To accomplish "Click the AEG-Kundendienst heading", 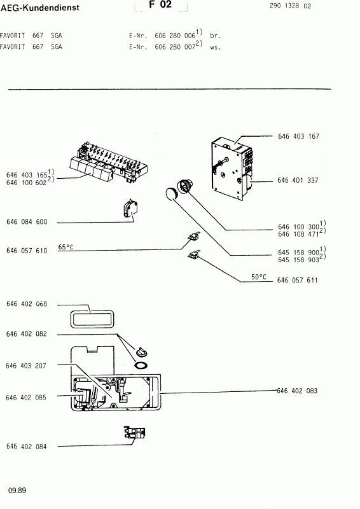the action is pos(40,8).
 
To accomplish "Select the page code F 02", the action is pos(160,5).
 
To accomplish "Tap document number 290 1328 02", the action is pos(290,6).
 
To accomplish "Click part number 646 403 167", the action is pos(298,136).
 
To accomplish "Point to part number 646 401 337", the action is pos(298,180).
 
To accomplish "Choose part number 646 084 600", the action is pos(27,221).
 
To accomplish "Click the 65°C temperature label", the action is pos(66,247).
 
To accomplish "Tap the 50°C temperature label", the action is pos(259,277).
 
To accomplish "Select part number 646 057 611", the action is pos(297,280).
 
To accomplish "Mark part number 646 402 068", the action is pos(27,304).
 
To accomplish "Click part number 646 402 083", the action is pos(297,391).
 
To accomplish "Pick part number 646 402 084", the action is pos(26,447).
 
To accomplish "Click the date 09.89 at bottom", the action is pos(17,491).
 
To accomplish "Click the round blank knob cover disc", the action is pos(170,194).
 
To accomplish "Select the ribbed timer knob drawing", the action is pos(184,186).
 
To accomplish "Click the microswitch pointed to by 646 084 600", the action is pos(130,209).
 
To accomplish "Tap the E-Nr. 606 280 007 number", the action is pos(175,47).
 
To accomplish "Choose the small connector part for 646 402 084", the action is pos(134,433).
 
